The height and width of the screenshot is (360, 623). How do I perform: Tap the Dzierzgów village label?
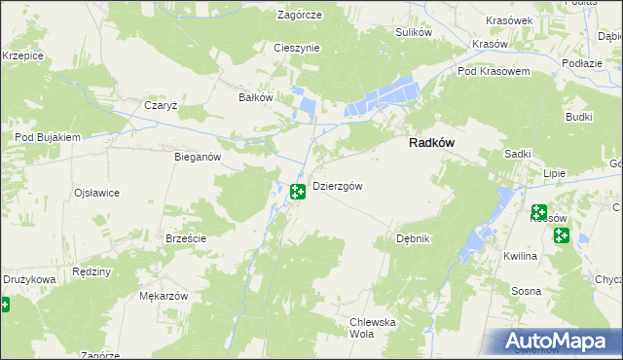tap(338, 187)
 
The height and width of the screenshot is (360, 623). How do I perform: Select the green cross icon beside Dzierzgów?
tap(298, 192)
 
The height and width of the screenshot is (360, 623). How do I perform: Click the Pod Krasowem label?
tap(493, 72)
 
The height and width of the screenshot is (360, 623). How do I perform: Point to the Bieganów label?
tap(198, 157)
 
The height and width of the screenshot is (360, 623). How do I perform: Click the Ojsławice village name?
tap(96, 193)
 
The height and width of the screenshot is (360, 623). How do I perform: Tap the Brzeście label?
tap(184, 238)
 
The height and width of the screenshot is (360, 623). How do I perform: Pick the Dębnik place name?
tap(414, 238)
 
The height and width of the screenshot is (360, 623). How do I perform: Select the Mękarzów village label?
tap(163, 295)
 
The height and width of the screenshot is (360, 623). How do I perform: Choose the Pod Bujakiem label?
tap(47, 138)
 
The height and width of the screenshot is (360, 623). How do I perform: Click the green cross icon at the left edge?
tap(4, 306)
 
